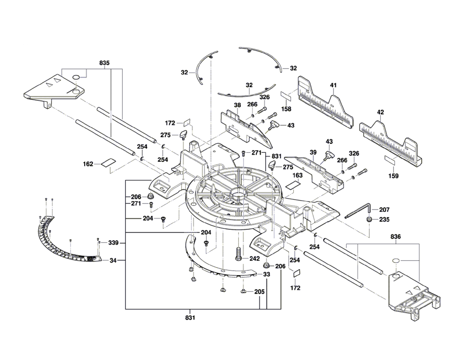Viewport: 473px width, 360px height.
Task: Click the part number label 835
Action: [x=105, y=63]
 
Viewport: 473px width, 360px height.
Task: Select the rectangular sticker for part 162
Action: [x=108, y=163]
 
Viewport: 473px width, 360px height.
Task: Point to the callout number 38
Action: [x=237, y=105]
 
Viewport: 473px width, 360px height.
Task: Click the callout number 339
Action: [x=114, y=243]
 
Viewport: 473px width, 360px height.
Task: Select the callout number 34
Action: [x=114, y=260]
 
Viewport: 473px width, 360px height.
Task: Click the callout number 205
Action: [x=259, y=292]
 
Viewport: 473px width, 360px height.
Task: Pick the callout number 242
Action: [x=254, y=259]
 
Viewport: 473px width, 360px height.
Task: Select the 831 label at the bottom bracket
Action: [x=191, y=317]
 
